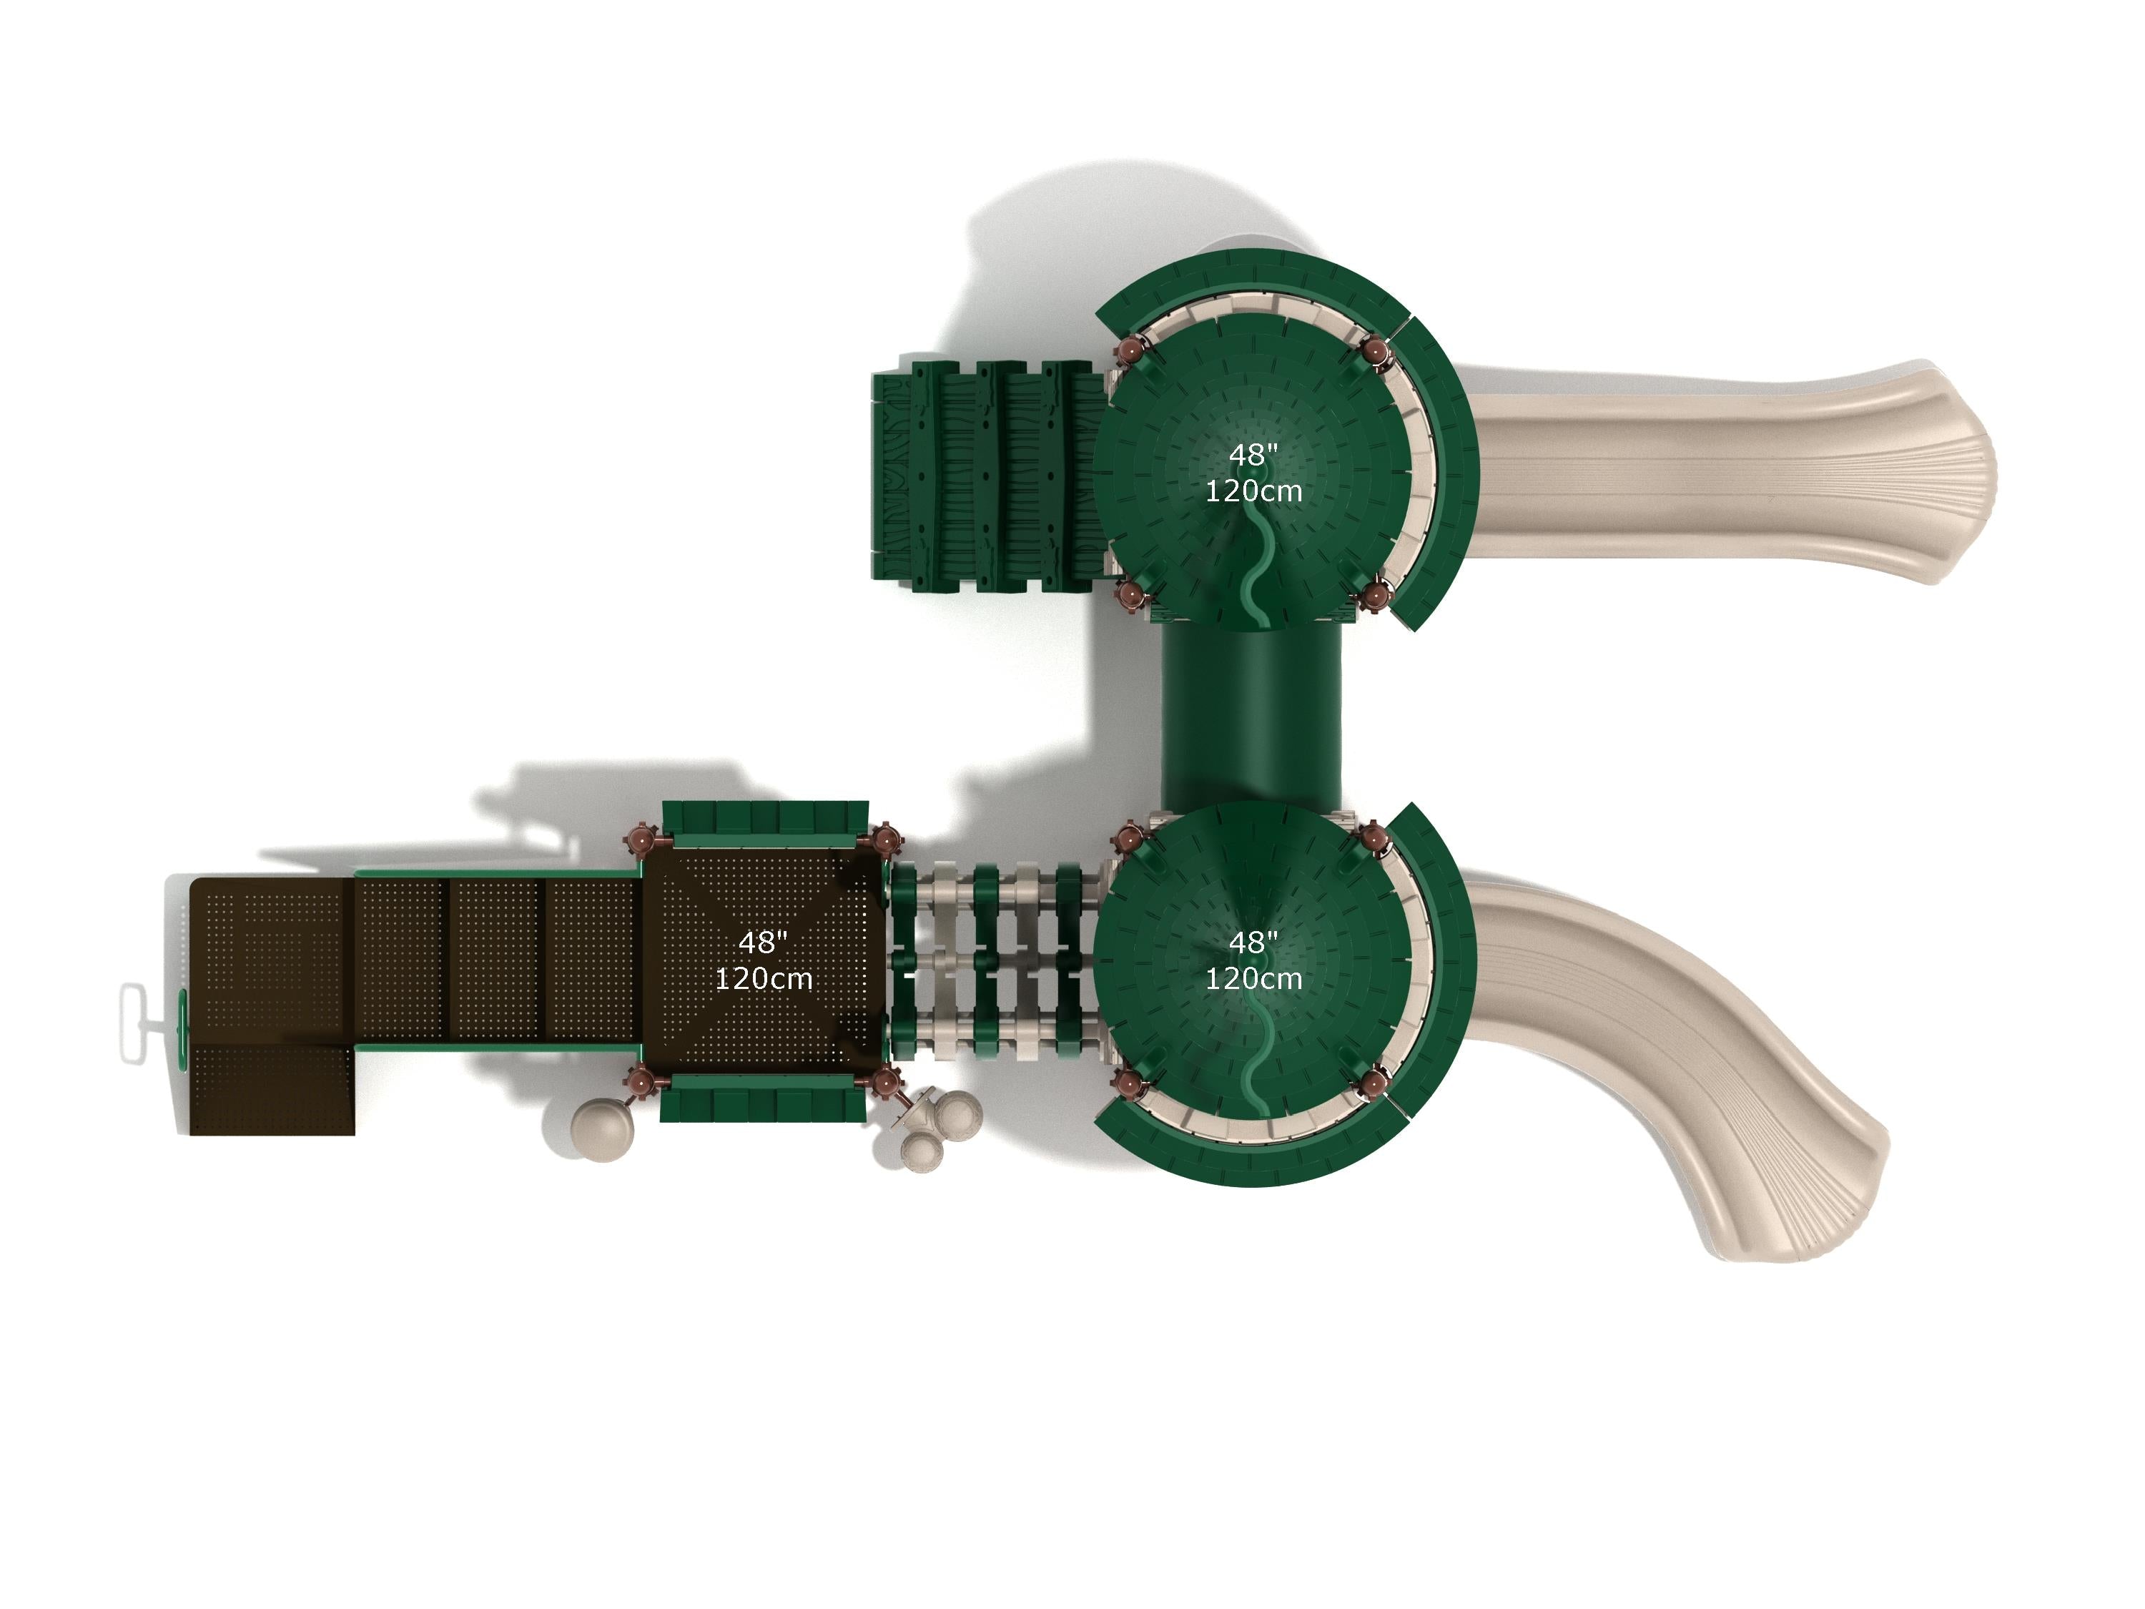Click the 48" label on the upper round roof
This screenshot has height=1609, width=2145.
tap(1253, 455)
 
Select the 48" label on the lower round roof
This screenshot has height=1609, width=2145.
tap(1253, 942)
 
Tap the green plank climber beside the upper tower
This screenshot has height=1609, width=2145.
tap(989, 476)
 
